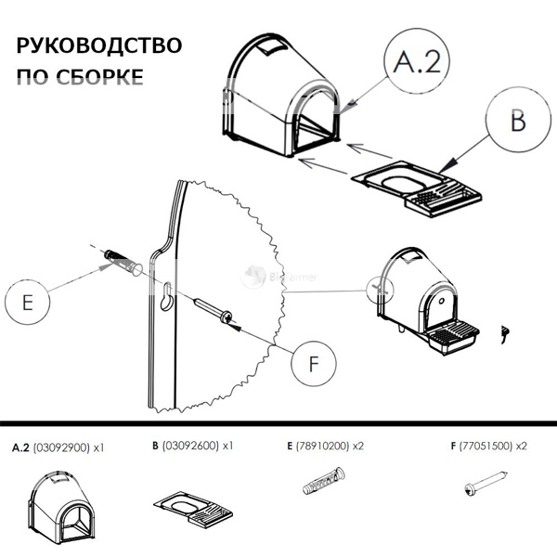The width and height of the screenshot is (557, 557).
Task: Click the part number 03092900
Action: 61,447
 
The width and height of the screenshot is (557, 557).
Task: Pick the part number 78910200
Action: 324,447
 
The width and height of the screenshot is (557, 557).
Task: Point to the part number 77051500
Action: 484,447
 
